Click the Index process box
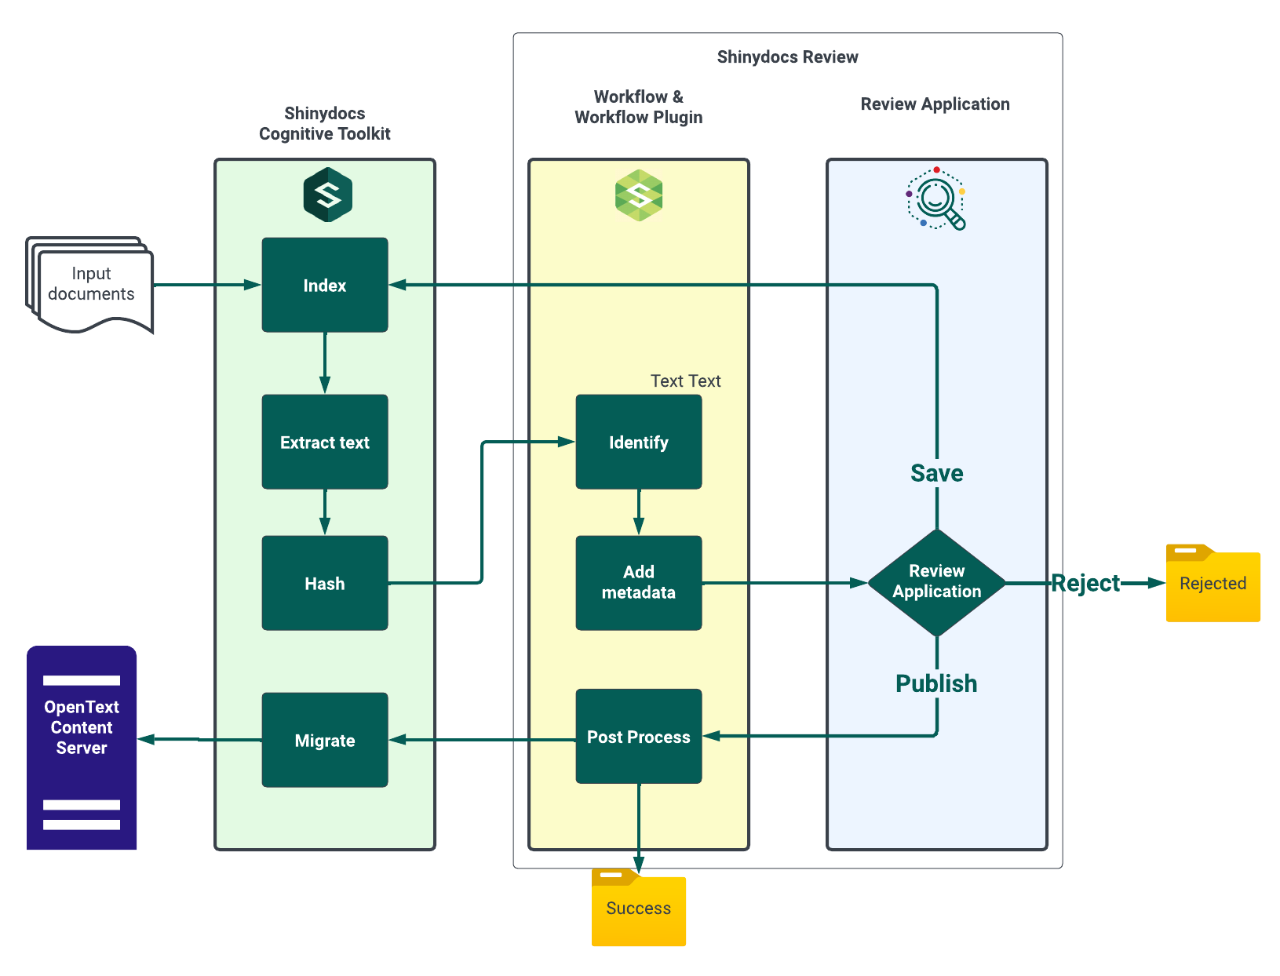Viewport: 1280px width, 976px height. point(324,285)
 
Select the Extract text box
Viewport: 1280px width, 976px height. point(324,442)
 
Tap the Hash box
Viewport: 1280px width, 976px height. point(324,583)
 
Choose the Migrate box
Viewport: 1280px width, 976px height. point(324,740)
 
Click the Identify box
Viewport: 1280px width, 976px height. point(638,442)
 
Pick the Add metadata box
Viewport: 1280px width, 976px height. point(638,582)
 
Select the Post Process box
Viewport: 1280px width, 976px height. point(638,736)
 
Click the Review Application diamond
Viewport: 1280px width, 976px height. point(936,582)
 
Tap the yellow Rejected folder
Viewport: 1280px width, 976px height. point(1213,584)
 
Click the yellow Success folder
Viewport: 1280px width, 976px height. point(638,909)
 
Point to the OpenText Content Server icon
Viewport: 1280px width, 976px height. point(82,747)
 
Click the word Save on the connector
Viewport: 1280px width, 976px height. point(936,473)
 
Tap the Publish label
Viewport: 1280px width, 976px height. point(936,683)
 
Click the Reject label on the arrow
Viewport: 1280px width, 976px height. point(1085,583)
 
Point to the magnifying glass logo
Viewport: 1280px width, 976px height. point(936,198)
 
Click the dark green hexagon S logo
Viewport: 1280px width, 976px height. point(328,195)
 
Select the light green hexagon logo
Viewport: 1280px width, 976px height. point(639,195)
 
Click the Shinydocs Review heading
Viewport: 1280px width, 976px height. point(787,56)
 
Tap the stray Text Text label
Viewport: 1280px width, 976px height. point(685,381)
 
